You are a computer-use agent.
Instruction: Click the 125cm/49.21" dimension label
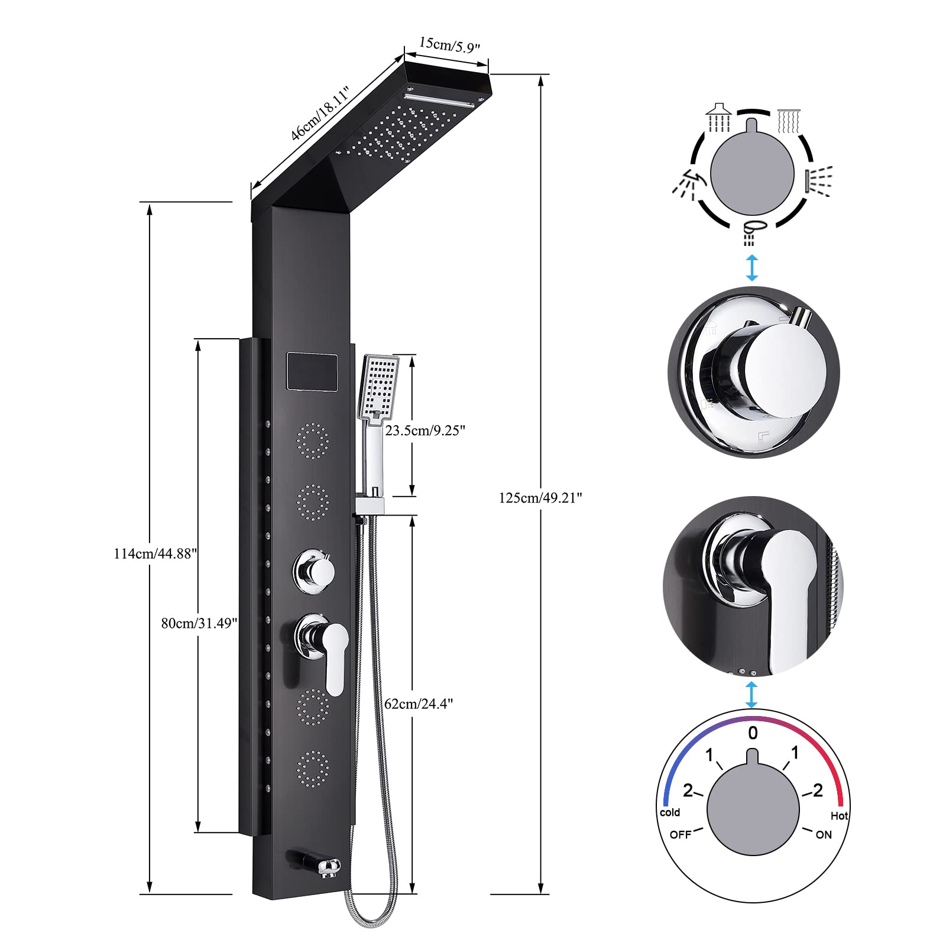[x=540, y=498]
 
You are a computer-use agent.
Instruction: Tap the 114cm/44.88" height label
[x=155, y=554]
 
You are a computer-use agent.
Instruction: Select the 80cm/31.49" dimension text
[x=199, y=623]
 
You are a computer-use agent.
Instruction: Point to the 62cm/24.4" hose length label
[x=419, y=704]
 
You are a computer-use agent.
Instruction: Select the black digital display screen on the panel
[x=312, y=371]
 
